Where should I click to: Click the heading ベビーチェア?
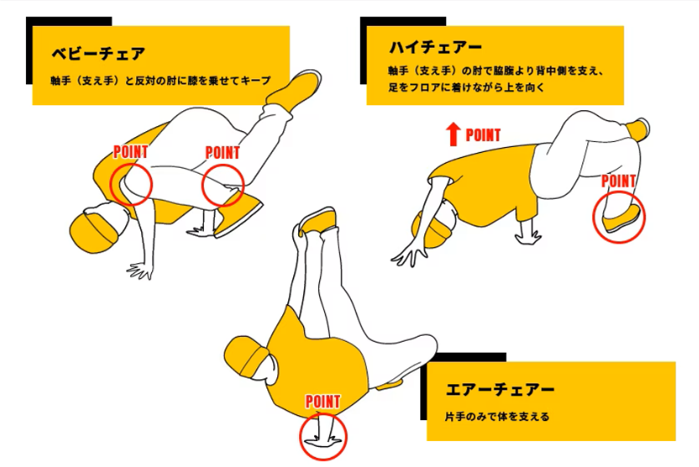(99, 53)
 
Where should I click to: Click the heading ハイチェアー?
(436, 47)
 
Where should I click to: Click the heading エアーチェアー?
(499, 389)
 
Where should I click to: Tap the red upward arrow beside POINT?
(453, 135)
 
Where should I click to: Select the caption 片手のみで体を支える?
(497, 417)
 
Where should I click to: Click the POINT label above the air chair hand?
(322, 402)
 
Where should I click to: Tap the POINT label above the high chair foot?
(618, 180)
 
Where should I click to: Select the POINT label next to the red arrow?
(483, 135)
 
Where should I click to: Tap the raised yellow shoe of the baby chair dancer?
(293, 89)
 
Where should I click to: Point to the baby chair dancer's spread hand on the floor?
(141, 271)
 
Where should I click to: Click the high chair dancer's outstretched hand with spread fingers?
(407, 256)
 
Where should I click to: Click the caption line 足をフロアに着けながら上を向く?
(466, 87)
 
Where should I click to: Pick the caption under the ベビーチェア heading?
(160, 81)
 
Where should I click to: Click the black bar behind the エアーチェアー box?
(463, 358)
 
